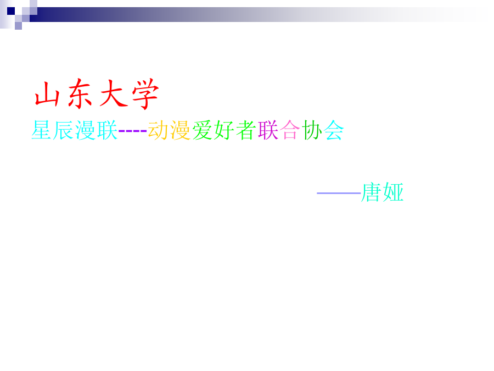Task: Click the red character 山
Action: (47, 93)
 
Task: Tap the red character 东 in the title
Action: (80, 93)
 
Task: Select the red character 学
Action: (145, 93)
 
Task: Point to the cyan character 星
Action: (41, 130)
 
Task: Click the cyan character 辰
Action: (63, 130)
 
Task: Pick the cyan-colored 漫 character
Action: (85, 130)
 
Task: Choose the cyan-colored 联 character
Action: (107, 130)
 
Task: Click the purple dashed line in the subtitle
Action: (132, 130)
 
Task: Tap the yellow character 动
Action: (158, 130)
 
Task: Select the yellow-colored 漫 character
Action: (180, 130)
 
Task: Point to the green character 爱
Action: (202, 130)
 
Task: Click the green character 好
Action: (224, 130)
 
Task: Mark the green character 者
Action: (246, 130)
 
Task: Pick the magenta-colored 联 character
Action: (268, 130)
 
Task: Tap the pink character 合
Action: (290, 130)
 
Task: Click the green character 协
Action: (312, 130)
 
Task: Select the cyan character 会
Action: (334, 130)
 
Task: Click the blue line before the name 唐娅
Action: (339, 193)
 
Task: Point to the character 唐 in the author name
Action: (372, 192)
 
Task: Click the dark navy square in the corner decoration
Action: (11, 11)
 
